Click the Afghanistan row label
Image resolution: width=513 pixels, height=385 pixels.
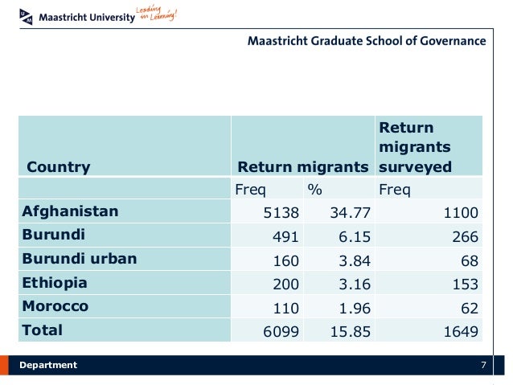click(x=70, y=211)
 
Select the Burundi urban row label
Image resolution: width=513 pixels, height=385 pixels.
click(x=79, y=259)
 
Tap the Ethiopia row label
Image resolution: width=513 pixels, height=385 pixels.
click(x=55, y=283)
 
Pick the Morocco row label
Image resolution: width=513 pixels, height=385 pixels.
click(x=55, y=306)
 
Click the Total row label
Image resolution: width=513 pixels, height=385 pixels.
click(x=42, y=330)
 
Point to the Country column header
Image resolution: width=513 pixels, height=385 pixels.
click(x=59, y=167)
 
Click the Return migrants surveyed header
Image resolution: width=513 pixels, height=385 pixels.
click(x=415, y=147)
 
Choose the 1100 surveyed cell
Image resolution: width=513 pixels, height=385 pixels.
click(x=460, y=213)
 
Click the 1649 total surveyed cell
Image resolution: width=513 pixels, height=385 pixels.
click(x=460, y=331)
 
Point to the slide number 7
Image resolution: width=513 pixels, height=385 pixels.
click(x=483, y=365)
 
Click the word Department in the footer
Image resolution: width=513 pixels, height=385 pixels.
click(x=48, y=365)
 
